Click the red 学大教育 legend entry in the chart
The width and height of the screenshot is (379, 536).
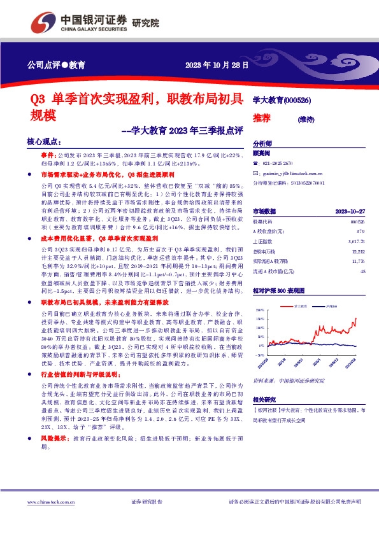(301, 306)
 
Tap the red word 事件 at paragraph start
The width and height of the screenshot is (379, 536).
(48, 155)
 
